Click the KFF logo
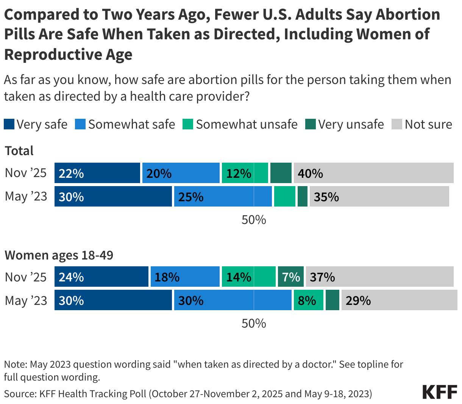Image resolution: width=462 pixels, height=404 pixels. point(439,392)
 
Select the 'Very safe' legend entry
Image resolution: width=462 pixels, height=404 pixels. point(36,124)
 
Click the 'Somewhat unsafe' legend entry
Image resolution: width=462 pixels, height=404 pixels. point(240,124)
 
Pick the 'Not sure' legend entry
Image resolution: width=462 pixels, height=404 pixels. point(422,124)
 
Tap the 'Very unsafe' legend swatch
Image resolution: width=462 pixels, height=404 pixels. point(311,124)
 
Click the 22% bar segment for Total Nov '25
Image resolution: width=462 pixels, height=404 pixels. point(97,173)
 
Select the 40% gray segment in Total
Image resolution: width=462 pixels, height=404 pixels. point(373,173)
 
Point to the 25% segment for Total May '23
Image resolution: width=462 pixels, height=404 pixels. point(223,197)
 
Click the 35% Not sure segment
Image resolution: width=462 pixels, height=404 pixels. point(379,197)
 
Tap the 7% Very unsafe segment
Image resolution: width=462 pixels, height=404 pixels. point(290,277)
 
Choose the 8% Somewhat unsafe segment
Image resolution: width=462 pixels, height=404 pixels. point(308,300)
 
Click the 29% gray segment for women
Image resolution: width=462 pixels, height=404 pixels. point(399,300)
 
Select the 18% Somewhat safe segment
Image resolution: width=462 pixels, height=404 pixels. point(185,277)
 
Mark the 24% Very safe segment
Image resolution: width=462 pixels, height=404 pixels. point(101,277)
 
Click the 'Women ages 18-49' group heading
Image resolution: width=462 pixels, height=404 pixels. point(59,255)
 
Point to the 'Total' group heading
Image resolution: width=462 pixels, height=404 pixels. point(19,151)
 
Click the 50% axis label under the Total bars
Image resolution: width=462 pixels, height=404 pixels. point(254,220)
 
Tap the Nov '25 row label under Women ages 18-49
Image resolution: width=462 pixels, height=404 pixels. point(26,277)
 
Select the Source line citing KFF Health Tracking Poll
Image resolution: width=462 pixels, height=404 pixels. point(188,394)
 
